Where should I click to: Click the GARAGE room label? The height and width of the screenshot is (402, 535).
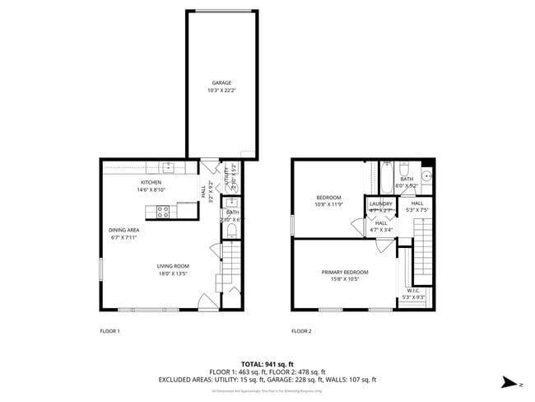point(221,82)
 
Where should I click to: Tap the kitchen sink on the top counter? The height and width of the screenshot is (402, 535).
point(169,168)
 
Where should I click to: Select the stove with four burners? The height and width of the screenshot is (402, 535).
point(163,211)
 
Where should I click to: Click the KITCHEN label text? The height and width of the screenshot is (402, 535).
point(151,182)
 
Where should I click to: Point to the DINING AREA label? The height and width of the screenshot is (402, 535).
point(123,230)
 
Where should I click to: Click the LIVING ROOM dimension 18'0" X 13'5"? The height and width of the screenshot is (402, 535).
point(174,273)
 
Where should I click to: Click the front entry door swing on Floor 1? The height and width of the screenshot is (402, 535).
point(208,301)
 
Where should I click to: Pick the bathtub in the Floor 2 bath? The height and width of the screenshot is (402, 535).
point(386,178)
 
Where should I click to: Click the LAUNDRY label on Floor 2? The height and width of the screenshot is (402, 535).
point(380,203)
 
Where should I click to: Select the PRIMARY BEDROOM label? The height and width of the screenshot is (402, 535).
point(345,272)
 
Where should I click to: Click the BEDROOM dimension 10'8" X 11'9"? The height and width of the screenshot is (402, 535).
point(329,205)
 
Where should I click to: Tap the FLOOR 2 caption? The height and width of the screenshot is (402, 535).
point(301,331)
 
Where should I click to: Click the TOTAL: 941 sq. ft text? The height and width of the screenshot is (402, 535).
point(267,363)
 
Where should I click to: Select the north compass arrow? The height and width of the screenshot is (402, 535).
point(510,382)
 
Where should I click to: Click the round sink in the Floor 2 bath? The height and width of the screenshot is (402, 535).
point(427,175)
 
